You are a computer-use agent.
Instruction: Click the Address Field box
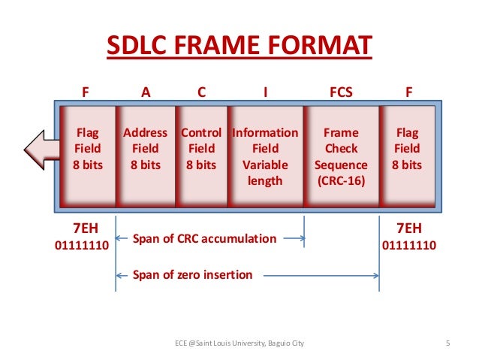pos(145,156)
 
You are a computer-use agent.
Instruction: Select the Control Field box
pos(201,156)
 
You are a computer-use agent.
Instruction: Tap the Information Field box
pos(265,156)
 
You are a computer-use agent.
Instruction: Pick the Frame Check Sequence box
pos(340,156)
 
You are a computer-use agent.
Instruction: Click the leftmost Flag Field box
pos(87,156)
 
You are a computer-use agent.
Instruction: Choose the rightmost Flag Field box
pos(407,156)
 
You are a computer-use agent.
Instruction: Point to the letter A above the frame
pos(146,93)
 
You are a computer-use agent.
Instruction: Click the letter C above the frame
pos(201,93)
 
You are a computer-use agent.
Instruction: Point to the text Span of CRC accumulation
pos(204,239)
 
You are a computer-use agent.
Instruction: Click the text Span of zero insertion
pos(192,274)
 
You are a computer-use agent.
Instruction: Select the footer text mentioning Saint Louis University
pos(239,344)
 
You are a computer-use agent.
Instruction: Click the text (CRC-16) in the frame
pos(340,180)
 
